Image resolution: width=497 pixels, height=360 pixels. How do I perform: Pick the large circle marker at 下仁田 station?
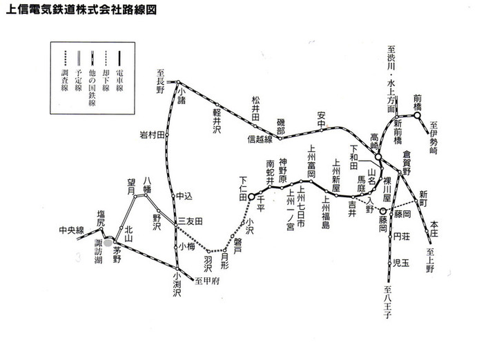coord(252,197)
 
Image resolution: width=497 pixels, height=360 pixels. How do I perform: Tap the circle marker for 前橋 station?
coord(418,116)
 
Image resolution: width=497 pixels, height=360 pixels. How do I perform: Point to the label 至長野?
coord(161,81)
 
